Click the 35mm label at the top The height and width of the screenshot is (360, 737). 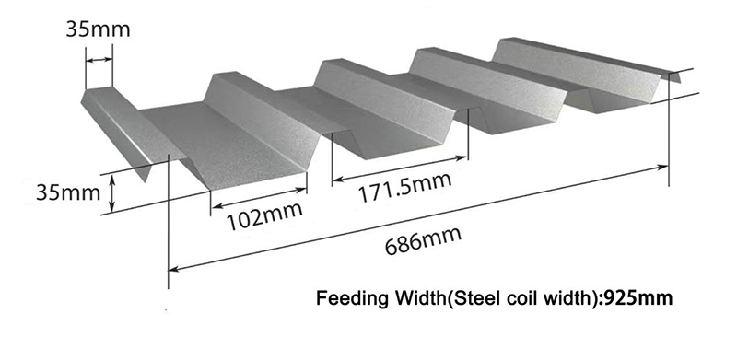[x=98, y=29]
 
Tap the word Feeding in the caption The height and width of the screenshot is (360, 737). [x=348, y=298]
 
